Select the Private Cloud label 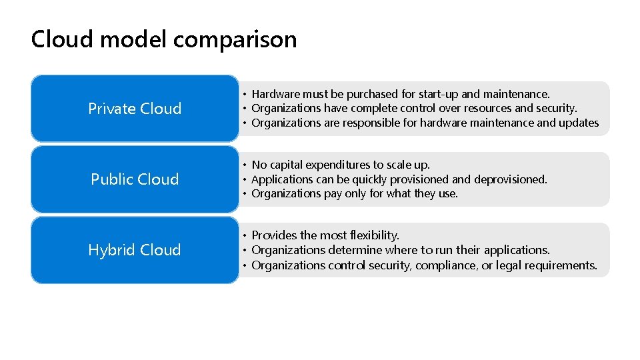tap(135, 109)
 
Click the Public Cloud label tap(135, 179)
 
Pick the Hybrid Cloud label tap(135, 250)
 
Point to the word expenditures tap(341, 165)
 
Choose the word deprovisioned tap(510, 179)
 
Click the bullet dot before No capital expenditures tap(245, 165)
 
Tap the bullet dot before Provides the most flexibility tap(245, 235)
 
